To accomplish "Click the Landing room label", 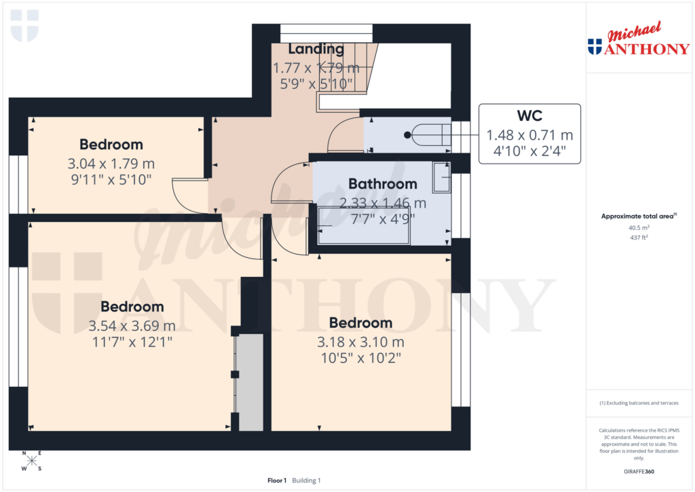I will click(x=316, y=49).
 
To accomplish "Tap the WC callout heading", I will click(x=529, y=116).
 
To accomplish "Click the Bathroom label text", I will click(x=382, y=184).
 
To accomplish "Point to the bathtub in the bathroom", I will click(x=363, y=226).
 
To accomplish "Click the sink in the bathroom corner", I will click(x=441, y=177).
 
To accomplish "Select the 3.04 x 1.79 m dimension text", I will click(x=111, y=164).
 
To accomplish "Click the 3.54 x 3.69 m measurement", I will click(x=132, y=326).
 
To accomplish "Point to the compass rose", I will click(x=31, y=461).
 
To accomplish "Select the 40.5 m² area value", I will click(x=638, y=228).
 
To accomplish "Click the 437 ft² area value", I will click(x=638, y=238).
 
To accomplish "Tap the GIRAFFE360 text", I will click(x=638, y=472).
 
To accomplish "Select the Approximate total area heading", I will click(x=637, y=216).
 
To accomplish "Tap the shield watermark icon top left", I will click(x=25, y=25).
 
